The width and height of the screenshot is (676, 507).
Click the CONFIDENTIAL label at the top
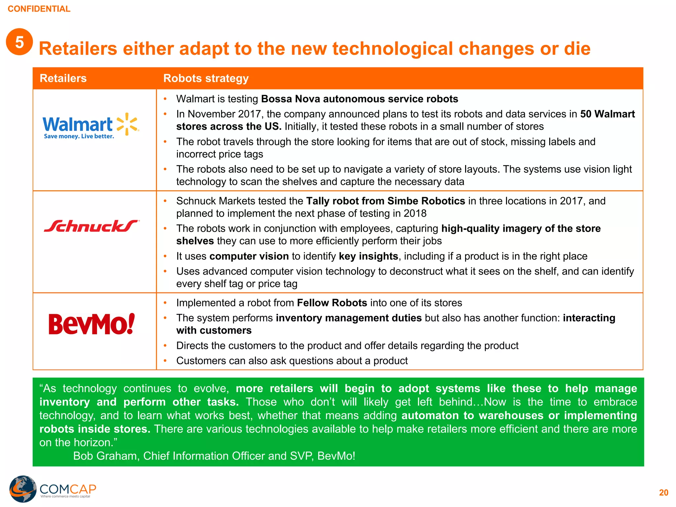(x=39, y=9)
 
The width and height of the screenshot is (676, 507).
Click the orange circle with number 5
(x=19, y=42)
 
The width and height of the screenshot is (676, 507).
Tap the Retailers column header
(x=63, y=79)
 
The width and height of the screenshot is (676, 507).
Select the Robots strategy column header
(x=206, y=79)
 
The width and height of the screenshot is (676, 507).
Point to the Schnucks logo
(x=91, y=226)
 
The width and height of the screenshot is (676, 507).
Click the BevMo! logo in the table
(x=91, y=324)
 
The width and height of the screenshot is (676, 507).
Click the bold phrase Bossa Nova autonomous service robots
(x=359, y=99)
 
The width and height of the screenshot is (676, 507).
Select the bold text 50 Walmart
(x=607, y=114)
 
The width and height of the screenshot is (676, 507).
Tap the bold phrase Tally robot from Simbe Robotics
(x=386, y=201)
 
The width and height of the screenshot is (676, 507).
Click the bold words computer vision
(x=249, y=256)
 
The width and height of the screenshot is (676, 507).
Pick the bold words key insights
(x=368, y=256)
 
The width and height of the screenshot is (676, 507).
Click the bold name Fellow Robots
(x=332, y=303)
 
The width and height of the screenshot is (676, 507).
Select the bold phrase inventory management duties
(x=349, y=318)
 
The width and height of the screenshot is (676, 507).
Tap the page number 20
(x=663, y=493)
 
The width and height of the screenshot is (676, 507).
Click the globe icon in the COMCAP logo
(x=22, y=489)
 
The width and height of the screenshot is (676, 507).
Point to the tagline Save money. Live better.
(x=79, y=136)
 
